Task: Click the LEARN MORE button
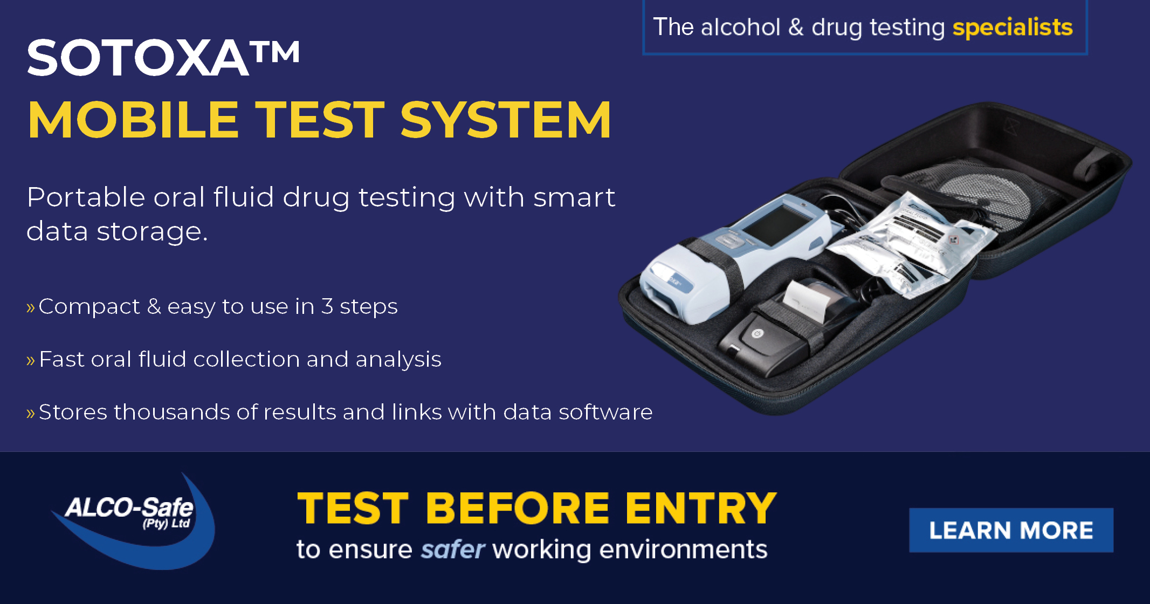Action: click(x=1011, y=530)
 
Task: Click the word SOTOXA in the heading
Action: click(x=137, y=58)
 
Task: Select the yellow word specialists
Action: click(x=1013, y=27)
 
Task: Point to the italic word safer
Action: click(x=452, y=550)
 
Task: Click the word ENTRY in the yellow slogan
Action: click(x=701, y=508)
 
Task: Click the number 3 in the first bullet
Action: click(x=327, y=306)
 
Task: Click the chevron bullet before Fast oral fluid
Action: click(x=31, y=360)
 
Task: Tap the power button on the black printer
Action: click(x=758, y=334)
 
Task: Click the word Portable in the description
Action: click(x=86, y=197)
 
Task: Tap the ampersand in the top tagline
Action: click(x=796, y=27)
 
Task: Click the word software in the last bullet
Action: click(x=605, y=412)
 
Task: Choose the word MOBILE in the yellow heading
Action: click(x=133, y=120)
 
